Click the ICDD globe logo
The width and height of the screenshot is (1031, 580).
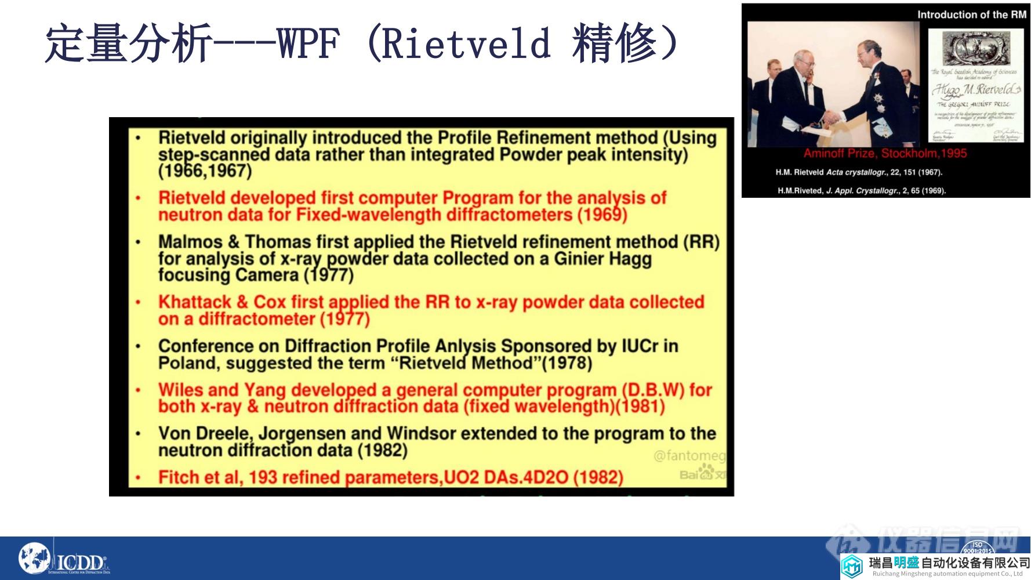point(35,559)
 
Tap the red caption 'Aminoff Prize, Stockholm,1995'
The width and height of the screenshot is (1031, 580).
point(885,154)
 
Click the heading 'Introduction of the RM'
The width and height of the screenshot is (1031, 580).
point(971,14)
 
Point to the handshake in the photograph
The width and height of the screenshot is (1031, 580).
point(833,118)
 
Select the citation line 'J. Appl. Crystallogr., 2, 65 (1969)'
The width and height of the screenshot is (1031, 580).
point(885,190)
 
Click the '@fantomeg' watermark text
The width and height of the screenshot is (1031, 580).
point(689,456)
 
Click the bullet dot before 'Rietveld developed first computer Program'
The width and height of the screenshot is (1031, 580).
point(138,198)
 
